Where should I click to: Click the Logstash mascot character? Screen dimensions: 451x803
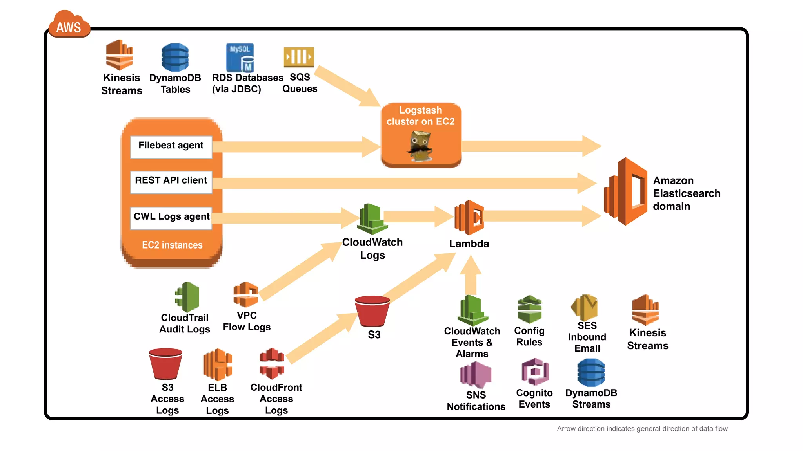(x=420, y=146)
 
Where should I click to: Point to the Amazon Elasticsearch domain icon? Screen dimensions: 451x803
(x=626, y=191)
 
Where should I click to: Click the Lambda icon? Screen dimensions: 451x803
(x=469, y=217)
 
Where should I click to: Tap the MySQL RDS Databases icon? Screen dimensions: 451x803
(x=240, y=58)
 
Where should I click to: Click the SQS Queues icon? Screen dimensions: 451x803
(x=299, y=57)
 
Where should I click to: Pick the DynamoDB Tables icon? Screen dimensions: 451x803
(x=175, y=58)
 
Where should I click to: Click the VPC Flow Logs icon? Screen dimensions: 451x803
(x=246, y=295)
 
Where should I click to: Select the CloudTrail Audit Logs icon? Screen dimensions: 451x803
(x=187, y=297)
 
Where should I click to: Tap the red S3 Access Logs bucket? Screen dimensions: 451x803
(x=165, y=364)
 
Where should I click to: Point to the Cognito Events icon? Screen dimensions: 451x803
(x=535, y=372)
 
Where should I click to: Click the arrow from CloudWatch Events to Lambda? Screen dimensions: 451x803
(x=471, y=276)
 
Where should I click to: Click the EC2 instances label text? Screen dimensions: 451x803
(x=172, y=245)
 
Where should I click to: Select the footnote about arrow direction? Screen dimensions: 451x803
(x=642, y=429)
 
